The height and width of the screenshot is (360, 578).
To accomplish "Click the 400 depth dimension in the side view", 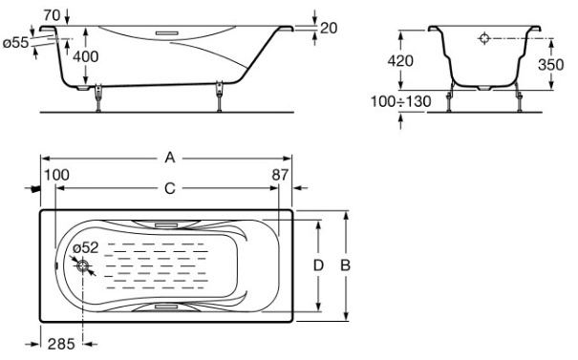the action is (x=86, y=56).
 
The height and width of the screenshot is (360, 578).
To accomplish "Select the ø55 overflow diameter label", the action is (x=15, y=43).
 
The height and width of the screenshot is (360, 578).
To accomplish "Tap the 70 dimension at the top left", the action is (x=52, y=15).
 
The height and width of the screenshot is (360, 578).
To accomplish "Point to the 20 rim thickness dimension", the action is (x=329, y=28).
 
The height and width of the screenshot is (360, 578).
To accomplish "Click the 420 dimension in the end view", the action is (x=400, y=61).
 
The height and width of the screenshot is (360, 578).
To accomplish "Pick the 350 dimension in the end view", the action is (x=550, y=65).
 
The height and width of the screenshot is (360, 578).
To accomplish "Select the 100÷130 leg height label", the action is (x=400, y=101).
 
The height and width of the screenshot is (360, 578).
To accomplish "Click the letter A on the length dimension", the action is (x=169, y=158).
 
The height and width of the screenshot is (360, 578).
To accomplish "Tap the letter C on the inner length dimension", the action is (x=169, y=189).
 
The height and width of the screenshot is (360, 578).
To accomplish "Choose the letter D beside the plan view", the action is (x=318, y=265).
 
